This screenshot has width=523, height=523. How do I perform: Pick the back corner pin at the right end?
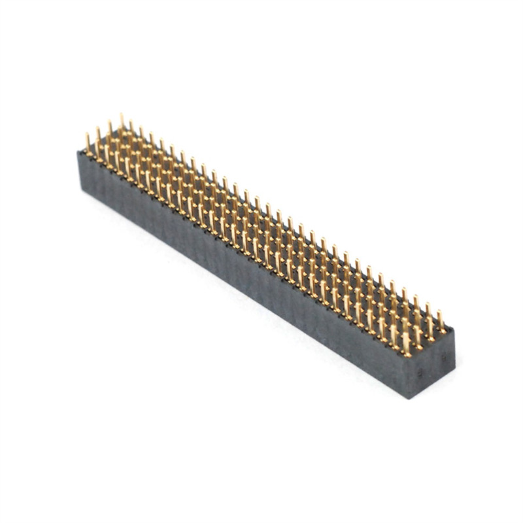point(441,319)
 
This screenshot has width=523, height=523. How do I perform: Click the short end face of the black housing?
point(431,363)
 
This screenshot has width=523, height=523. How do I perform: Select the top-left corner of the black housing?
point(78,152)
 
